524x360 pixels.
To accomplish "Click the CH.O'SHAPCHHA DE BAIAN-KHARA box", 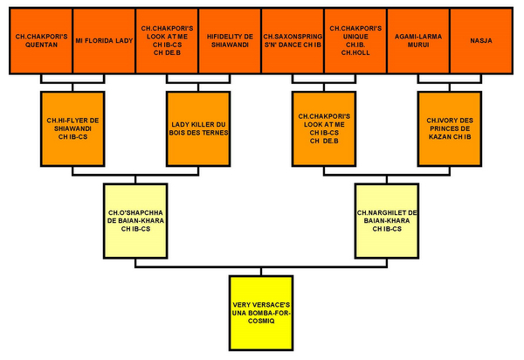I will point(135,220).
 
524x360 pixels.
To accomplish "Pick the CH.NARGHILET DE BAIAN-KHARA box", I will point(386,220).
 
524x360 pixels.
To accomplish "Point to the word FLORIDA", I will point(101,39).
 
